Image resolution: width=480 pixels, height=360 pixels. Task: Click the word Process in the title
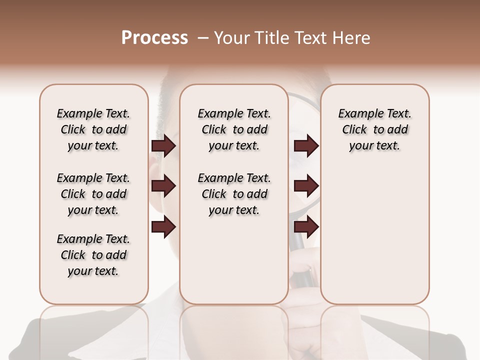(x=154, y=38)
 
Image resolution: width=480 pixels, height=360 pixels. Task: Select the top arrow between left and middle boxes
(x=163, y=146)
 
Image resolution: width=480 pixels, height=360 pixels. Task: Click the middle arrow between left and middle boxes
(x=163, y=186)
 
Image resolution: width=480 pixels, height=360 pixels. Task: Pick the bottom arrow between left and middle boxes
(x=163, y=227)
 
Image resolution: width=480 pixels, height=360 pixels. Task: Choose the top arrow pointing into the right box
(x=306, y=146)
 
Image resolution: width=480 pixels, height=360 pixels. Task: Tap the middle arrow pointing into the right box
(x=306, y=186)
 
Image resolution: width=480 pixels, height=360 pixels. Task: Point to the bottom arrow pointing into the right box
(x=306, y=227)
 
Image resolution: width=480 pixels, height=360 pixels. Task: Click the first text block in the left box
(x=93, y=129)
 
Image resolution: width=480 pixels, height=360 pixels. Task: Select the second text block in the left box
(x=93, y=194)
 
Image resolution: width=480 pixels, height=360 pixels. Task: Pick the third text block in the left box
(x=93, y=255)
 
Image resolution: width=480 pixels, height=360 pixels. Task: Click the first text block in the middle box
(x=234, y=129)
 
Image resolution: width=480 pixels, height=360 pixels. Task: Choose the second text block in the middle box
(x=234, y=194)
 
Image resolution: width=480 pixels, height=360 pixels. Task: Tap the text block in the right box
(x=375, y=129)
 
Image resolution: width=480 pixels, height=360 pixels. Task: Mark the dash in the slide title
(x=203, y=38)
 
